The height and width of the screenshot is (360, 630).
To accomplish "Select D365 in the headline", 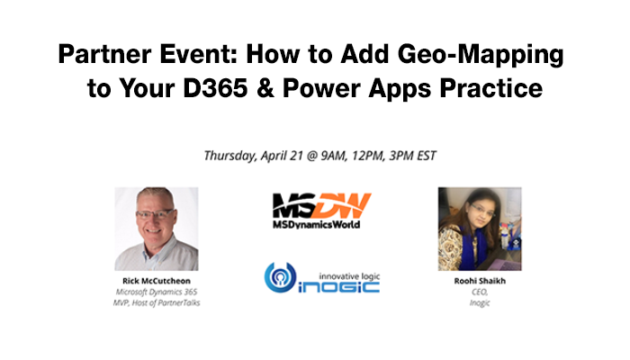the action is click(x=215, y=88).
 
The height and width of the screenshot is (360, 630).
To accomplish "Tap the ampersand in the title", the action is click(x=265, y=88).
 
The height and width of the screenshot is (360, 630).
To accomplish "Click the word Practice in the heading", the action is click(x=491, y=88).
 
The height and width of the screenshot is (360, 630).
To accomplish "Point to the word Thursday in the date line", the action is click(x=229, y=156).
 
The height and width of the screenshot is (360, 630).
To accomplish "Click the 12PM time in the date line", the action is click(x=368, y=156).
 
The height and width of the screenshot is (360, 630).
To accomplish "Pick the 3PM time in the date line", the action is click(x=401, y=156).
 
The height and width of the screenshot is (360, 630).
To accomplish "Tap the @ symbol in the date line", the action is click(x=311, y=156).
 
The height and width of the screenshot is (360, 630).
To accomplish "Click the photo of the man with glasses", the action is click(x=157, y=229).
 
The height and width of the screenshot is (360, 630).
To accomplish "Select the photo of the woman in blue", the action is click(x=480, y=229).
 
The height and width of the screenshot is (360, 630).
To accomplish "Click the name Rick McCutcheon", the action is click(x=157, y=281).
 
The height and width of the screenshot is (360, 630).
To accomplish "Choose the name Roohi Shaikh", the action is click(x=480, y=281).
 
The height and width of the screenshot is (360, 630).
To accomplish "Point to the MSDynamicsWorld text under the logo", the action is click(x=316, y=225).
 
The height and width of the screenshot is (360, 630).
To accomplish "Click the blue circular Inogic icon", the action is click(x=280, y=277).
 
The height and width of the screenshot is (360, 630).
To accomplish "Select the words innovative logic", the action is click(x=349, y=276).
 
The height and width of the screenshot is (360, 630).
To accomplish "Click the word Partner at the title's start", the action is click(x=104, y=55).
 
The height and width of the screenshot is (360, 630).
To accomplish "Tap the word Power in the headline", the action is click(x=321, y=88).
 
